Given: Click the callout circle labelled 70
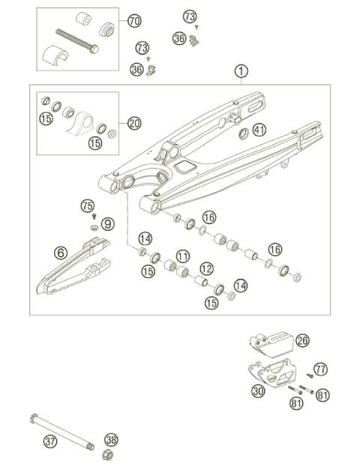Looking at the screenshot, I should pyautogui.click(x=134, y=20).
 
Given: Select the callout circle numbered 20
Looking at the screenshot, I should pyautogui.click(x=133, y=123).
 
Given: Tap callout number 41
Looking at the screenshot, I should pyautogui.click(x=259, y=130).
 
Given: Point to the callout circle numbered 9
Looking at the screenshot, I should pyautogui.click(x=108, y=223).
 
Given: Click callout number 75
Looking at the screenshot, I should pyautogui.click(x=88, y=205).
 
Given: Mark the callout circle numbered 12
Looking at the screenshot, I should pyautogui.click(x=205, y=268).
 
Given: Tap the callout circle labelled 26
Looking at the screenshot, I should pyautogui.click(x=302, y=341).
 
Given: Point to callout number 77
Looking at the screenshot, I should pyautogui.click(x=321, y=369).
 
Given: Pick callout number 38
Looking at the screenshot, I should pyautogui.click(x=111, y=439).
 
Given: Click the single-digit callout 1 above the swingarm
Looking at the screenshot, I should pyautogui.click(x=240, y=71).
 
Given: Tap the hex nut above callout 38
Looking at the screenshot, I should pyautogui.click(x=108, y=454).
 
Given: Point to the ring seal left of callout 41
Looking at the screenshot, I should pyautogui.click(x=242, y=135).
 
